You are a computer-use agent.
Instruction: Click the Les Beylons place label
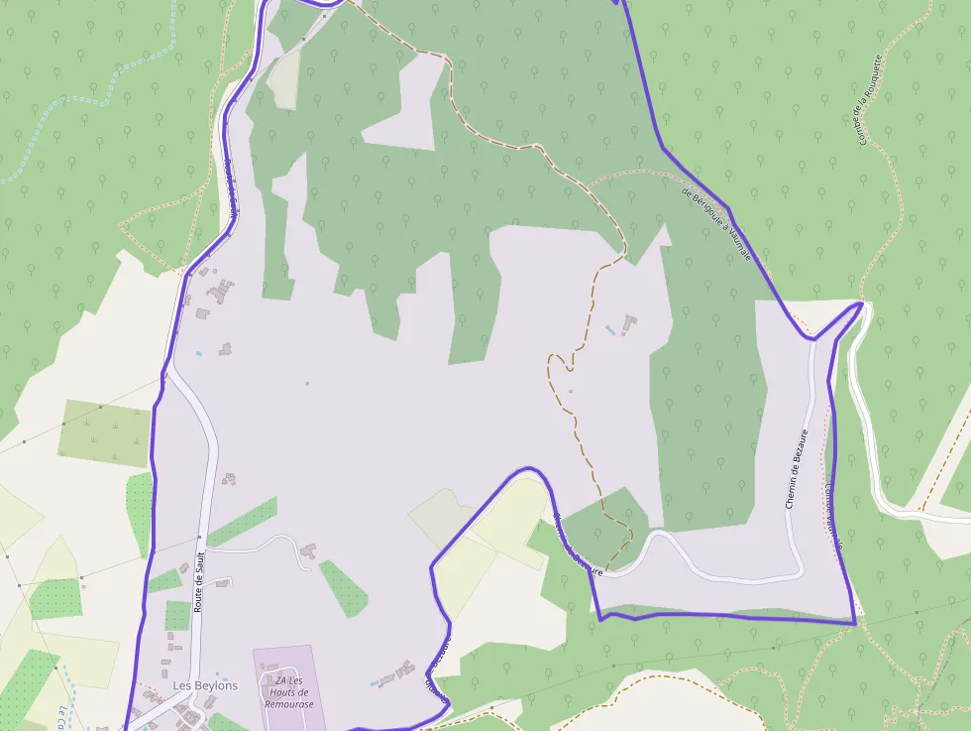[205, 685]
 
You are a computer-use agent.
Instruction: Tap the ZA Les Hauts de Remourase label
[288, 691]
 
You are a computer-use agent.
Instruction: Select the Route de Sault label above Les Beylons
[199, 581]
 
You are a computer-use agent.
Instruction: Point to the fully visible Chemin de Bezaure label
[798, 468]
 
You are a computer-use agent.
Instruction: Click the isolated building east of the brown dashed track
[629, 323]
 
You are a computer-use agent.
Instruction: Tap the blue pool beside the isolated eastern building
[609, 328]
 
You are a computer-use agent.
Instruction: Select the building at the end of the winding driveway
[308, 549]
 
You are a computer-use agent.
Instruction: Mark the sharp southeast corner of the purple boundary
[854, 624]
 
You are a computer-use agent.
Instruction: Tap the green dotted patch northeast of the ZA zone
[342, 587]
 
